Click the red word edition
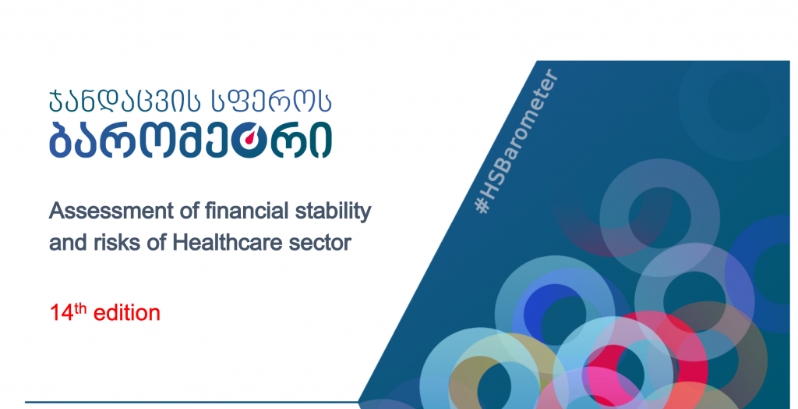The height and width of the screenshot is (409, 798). click(127, 313)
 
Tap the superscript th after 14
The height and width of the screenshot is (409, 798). click(82, 308)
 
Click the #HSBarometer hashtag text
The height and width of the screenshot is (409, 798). click(516, 141)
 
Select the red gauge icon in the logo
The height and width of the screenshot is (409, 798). click(247, 140)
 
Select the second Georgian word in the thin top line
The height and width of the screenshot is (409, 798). click(265, 100)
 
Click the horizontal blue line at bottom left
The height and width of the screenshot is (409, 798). click(192, 403)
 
